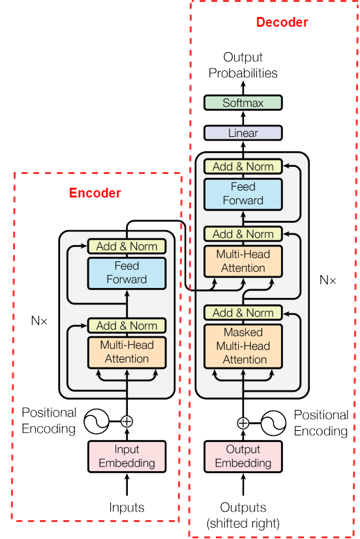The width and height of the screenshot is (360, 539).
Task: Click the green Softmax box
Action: (x=243, y=103)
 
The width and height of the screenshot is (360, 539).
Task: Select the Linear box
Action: (x=243, y=133)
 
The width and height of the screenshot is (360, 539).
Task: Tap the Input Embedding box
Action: (x=127, y=456)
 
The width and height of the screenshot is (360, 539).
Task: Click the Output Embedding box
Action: (x=243, y=456)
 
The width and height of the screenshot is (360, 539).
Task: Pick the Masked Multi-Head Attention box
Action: (x=243, y=346)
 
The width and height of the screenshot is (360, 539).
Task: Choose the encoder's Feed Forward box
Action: (x=127, y=273)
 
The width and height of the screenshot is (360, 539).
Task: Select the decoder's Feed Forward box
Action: (x=243, y=194)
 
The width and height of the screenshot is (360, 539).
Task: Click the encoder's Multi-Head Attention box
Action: (x=127, y=353)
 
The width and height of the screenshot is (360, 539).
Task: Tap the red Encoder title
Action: (x=95, y=193)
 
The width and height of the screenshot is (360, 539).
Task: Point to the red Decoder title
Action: (x=282, y=22)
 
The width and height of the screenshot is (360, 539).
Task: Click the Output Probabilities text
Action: (x=243, y=65)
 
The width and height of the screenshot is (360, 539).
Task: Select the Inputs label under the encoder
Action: (x=127, y=507)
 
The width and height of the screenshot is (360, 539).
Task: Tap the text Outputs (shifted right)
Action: (x=243, y=516)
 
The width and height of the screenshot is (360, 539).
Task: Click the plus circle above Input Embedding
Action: (x=127, y=422)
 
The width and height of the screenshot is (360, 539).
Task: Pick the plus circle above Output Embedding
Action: (x=243, y=423)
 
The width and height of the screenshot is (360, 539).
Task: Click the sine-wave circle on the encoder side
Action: (x=97, y=422)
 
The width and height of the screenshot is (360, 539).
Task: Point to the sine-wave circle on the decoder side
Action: (x=273, y=423)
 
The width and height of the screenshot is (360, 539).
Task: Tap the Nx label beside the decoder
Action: (x=327, y=280)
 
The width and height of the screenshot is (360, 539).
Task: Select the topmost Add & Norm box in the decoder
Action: (x=243, y=167)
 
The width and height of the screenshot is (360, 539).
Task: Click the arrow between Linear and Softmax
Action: (x=243, y=118)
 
